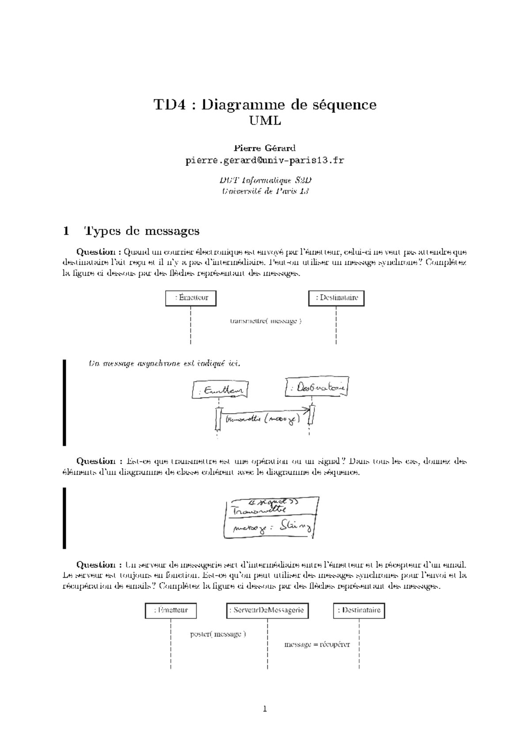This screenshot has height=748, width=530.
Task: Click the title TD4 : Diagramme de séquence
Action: point(265,105)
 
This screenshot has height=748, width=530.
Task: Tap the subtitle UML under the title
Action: point(265,120)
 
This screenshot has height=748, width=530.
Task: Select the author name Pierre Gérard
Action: point(265,148)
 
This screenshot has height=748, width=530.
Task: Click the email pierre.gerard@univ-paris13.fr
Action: point(265,161)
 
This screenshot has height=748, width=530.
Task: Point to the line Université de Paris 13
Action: point(265,191)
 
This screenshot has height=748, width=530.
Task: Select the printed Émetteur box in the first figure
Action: point(190,298)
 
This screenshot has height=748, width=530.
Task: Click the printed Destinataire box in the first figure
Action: point(336,298)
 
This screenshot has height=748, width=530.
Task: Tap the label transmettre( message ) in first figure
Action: point(265,321)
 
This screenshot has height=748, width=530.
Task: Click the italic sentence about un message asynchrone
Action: point(165,364)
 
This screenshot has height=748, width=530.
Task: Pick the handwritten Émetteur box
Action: point(220,390)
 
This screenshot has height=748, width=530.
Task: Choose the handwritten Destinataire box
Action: point(317,388)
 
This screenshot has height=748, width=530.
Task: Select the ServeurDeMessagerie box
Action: point(267,610)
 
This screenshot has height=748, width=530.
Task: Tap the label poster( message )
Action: point(218,634)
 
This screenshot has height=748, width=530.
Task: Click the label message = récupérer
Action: point(317,644)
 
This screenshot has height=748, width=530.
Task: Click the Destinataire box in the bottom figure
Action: point(359,610)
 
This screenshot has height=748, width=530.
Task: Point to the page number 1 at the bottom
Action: point(265,709)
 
